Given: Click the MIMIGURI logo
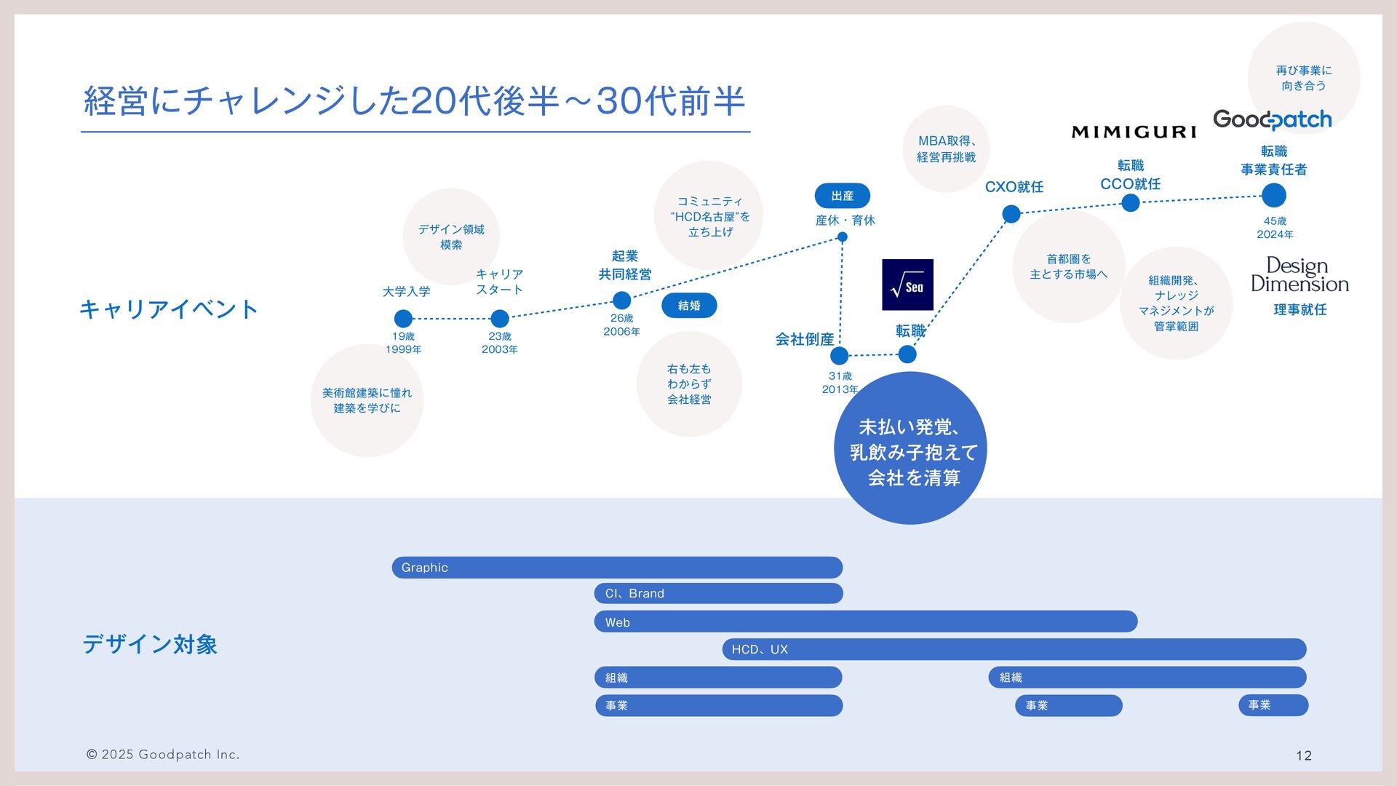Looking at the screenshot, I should pyautogui.click(x=1134, y=132).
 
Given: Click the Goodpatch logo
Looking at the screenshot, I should pyautogui.click(x=1272, y=119).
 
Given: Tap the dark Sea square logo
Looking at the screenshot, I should pyautogui.click(x=907, y=285).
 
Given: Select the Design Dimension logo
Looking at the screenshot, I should pyautogui.click(x=1300, y=274).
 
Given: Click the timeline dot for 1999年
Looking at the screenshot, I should pyautogui.click(x=403, y=319).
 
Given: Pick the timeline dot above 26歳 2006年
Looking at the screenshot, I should pyautogui.click(x=621, y=300).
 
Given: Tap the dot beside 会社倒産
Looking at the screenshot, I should pyautogui.click(x=839, y=355).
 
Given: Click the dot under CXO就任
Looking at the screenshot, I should pyautogui.click(x=1011, y=213).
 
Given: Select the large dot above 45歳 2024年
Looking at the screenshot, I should pyautogui.click(x=1273, y=195).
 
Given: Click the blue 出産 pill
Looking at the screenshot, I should pyautogui.click(x=842, y=196).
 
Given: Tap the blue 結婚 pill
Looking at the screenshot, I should pyautogui.click(x=689, y=306).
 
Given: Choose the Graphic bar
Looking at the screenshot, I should pyautogui.click(x=617, y=568).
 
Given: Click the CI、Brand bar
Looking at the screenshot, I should pyautogui.click(x=718, y=593).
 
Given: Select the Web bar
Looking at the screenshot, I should pyautogui.click(x=866, y=622).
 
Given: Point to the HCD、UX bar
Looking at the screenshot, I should pyautogui.click(x=1014, y=649).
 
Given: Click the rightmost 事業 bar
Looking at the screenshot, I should pyautogui.click(x=1273, y=704).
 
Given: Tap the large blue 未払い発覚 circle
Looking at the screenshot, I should pyautogui.click(x=910, y=448).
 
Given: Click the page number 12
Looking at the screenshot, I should pyautogui.click(x=1304, y=755).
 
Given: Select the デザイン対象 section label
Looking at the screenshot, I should pyautogui.click(x=150, y=644).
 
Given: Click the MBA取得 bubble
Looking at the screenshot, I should pyautogui.click(x=946, y=149).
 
